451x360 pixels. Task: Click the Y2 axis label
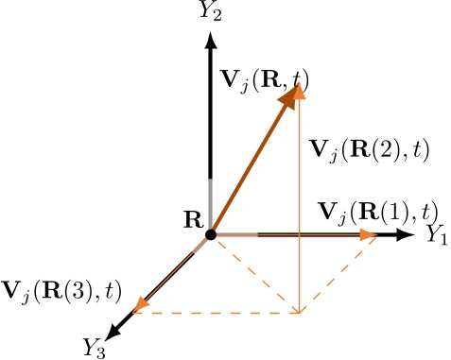[x=210, y=11]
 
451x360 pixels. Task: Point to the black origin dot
[x=211, y=233]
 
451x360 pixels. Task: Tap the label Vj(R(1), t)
[x=377, y=211]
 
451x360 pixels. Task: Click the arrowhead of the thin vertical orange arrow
[x=300, y=92]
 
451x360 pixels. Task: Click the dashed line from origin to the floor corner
[x=255, y=273]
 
